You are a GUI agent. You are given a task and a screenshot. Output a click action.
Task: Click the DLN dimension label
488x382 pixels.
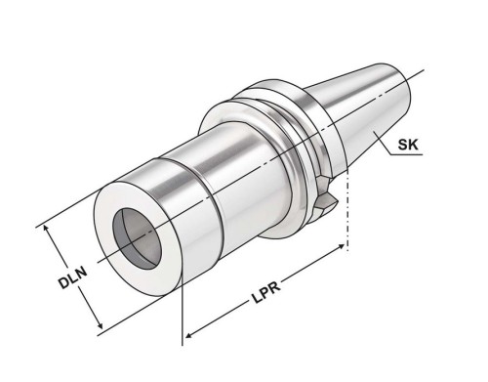[73, 277]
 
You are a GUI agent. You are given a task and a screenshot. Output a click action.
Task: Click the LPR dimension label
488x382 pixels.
[266, 292]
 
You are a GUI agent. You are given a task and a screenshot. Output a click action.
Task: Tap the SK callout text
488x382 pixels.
[408, 144]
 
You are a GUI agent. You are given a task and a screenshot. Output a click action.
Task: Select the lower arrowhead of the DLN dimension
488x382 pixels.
[100, 324]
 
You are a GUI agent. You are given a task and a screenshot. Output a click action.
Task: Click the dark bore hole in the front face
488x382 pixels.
[137, 238]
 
